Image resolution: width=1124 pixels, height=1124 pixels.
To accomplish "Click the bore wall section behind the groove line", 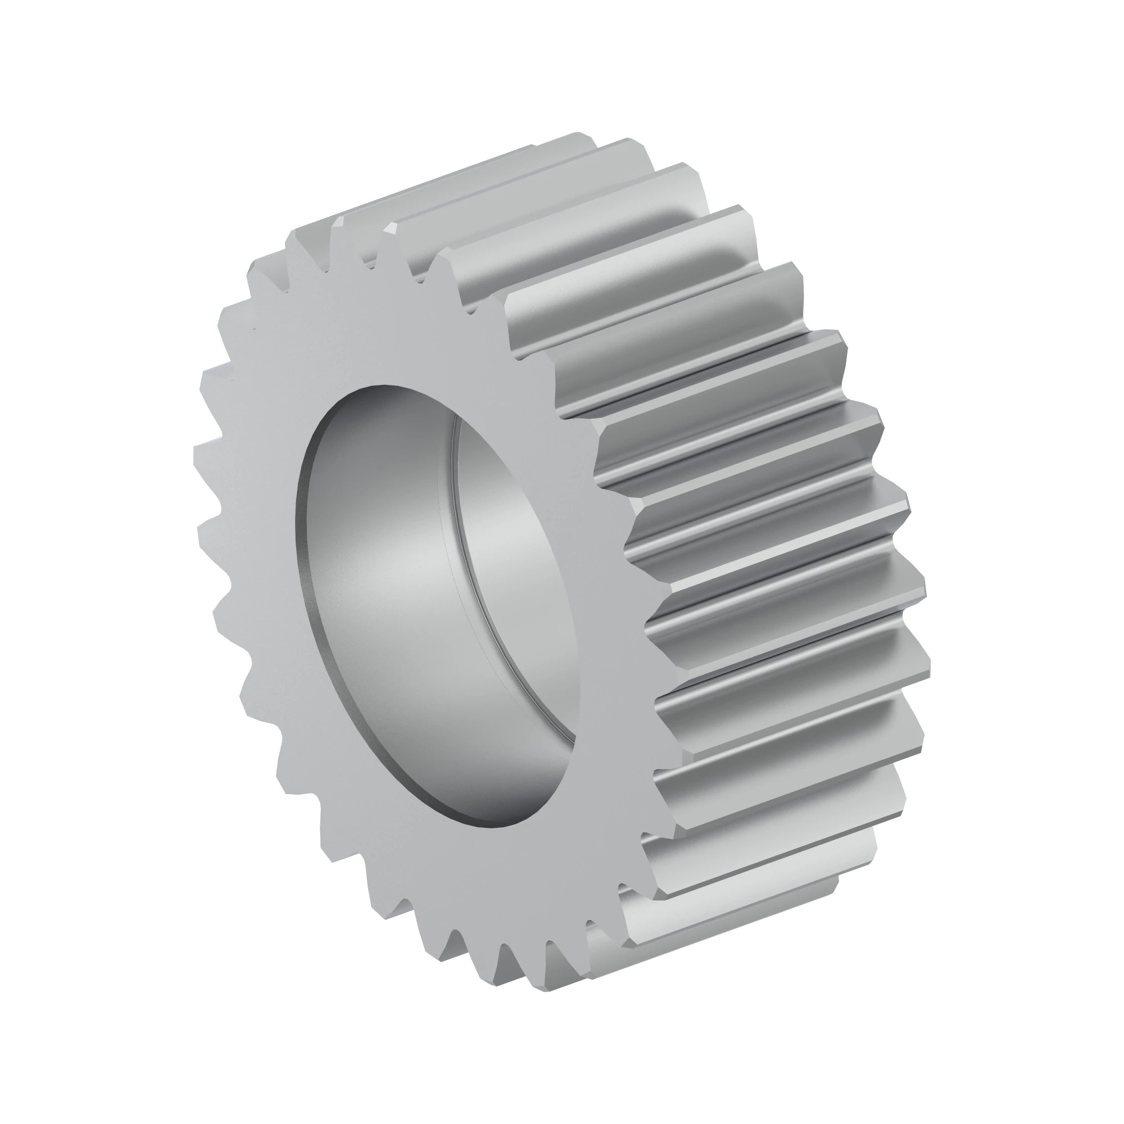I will (x=512, y=582).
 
